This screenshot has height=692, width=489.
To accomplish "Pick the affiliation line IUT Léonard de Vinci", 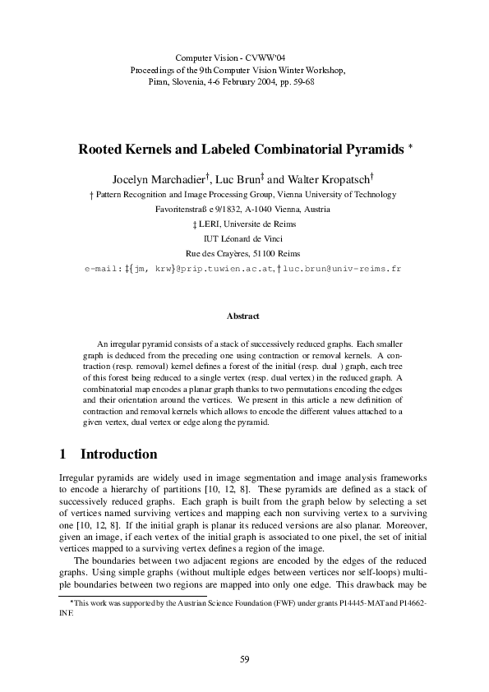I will tap(243, 238).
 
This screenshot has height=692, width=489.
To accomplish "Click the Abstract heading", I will tap(243, 316).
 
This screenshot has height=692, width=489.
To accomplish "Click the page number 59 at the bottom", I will tap(244, 659).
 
